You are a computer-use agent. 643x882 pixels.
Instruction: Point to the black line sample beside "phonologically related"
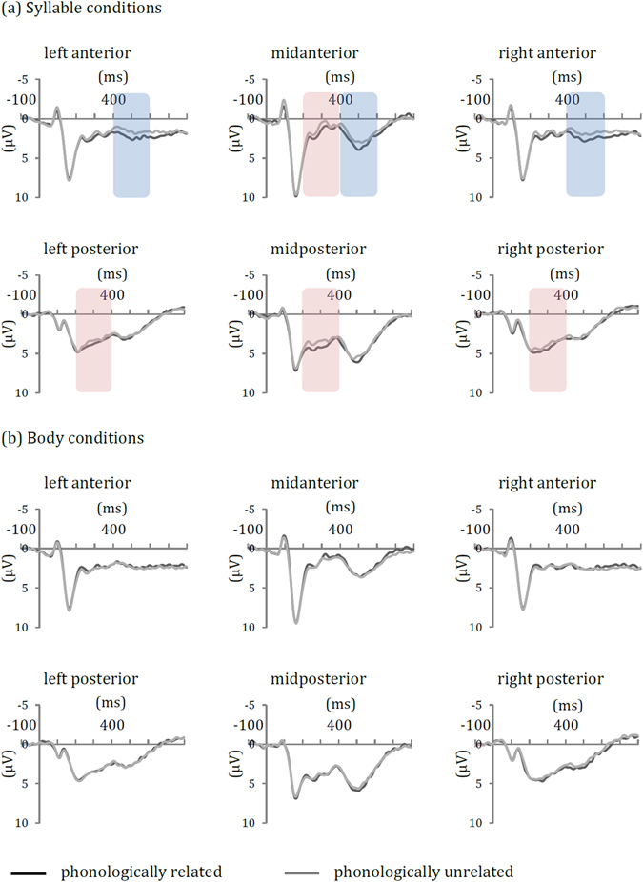pyautogui.click(x=30, y=872)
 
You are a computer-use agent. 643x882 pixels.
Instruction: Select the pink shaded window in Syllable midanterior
pyautogui.click(x=320, y=145)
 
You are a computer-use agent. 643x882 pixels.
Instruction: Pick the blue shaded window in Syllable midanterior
pyautogui.click(x=359, y=145)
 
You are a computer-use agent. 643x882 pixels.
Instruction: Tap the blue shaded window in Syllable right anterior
pyautogui.click(x=585, y=145)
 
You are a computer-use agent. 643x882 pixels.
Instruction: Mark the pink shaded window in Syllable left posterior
pyautogui.click(x=93, y=339)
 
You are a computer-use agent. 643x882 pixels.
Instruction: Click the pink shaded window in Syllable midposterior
pyautogui.click(x=320, y=339)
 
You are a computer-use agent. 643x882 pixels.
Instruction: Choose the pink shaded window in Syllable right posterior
pyautogui.click(x=548, y=339)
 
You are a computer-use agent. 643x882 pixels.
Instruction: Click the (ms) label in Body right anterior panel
pyautogui.click(x=567, y=508)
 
